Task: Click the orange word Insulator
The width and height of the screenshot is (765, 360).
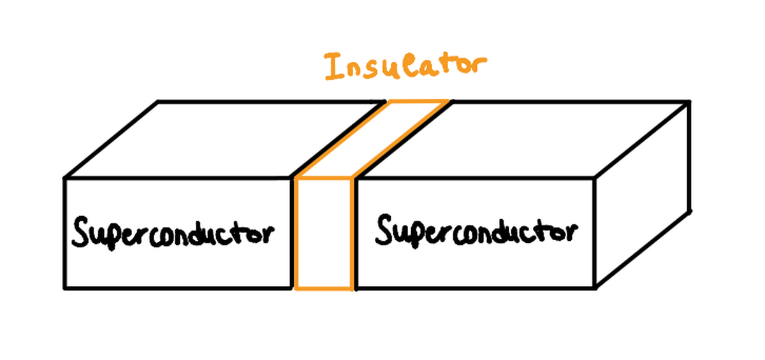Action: [x=405, y=67]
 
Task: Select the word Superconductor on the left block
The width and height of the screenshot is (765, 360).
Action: [x=172, y=234]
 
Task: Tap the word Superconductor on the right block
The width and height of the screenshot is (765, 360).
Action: [x=476, y=231]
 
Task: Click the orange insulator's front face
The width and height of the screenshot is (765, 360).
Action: [x=324, y=234]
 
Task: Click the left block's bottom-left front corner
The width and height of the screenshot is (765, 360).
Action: [x=64, y=288]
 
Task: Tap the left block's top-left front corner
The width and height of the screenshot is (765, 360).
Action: [x=64, y=178]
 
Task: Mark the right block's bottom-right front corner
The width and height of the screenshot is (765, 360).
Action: [x=595, y=288]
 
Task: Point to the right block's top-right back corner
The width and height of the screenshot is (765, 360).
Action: [x=689, y=101]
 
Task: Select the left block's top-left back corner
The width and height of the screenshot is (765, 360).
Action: [x=158, y=101]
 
